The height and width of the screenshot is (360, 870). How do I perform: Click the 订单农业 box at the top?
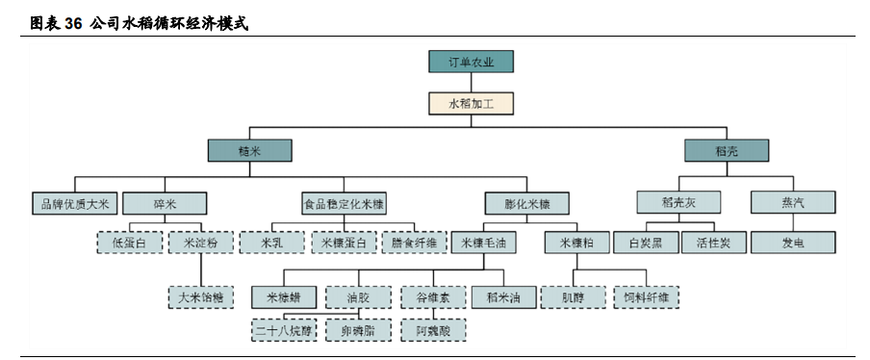(471, 63)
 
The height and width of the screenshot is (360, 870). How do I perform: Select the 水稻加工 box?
(471, 103)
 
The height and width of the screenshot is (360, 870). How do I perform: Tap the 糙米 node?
(249, 150)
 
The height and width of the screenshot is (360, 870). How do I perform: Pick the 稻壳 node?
(727, 150)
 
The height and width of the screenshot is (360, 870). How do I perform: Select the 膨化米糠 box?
(527, 203)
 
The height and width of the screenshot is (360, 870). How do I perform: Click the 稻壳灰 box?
(678, 203)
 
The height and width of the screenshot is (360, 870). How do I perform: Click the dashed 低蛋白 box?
(129, 243)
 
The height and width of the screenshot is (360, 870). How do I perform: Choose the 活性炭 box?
(712, 243)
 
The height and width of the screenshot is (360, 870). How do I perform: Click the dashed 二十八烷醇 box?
(284, 330)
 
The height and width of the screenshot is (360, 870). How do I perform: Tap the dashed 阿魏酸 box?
(434, 330)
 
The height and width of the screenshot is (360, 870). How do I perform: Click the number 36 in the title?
(73, 22)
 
